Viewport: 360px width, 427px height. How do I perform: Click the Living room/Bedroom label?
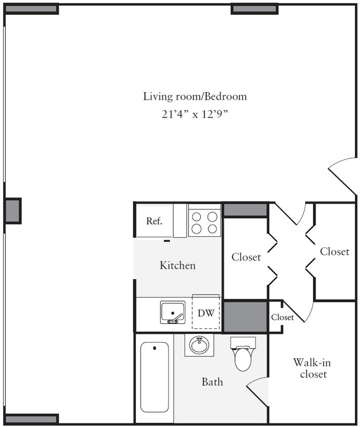click(x=195, y=96)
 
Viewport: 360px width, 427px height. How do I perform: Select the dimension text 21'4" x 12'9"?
click(x=195, y=114)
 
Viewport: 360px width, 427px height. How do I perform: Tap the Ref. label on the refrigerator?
click(x=154, y=221)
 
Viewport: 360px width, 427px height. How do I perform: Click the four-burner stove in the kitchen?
click(x=204, y=220)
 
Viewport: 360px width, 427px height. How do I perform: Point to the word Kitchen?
click(x=177, y=265)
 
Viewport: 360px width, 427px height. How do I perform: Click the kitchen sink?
click(x=173, y=312)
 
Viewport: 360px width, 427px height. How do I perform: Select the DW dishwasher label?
click(x=206, y=313)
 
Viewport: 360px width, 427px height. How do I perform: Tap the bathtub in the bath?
click(x=154, y=377)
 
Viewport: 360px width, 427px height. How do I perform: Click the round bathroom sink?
click(x=199, y=346)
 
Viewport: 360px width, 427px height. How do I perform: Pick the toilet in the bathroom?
click(x=243, y=357)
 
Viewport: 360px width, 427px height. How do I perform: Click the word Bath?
click(x=212, y=382)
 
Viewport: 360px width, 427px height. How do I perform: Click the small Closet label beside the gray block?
click(x=282, y=318)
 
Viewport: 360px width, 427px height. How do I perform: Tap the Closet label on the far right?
click(x=334, y=251)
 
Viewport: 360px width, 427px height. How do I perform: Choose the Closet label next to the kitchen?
click(x=246, y=257)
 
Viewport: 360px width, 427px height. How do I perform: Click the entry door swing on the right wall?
click(x=344, y=175)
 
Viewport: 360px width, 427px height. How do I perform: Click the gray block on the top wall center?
click(x=254, y=9)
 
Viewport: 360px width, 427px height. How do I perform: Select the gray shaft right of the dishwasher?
click(x=245, y=317)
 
